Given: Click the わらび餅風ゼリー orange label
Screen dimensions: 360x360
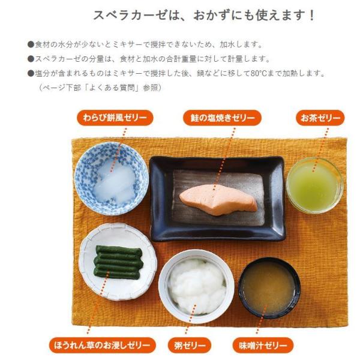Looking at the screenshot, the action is pos(115,118).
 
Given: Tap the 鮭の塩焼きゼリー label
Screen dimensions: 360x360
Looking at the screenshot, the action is pos(222,118).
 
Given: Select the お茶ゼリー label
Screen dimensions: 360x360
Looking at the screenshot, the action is pos(320,118).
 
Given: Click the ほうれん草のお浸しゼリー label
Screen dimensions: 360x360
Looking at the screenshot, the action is pos(103,345).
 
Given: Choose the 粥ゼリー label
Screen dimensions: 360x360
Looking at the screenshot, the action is pos(189,345).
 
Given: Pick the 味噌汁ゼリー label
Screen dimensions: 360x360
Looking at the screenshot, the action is pos(263,345).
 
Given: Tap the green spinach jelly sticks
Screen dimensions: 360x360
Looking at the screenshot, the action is pos(118,262).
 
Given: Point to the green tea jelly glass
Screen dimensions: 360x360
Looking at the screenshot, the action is pos(315,185).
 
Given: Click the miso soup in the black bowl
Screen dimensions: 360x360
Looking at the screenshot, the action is pos(269,288).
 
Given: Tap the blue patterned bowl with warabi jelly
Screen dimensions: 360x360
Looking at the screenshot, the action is pos(112,179).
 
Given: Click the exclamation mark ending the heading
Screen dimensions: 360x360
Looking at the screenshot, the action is pos(311,16).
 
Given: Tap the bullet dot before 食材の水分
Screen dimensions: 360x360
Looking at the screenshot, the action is pos(31,44).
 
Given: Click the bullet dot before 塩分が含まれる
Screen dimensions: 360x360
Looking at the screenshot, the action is pos(31,73).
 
